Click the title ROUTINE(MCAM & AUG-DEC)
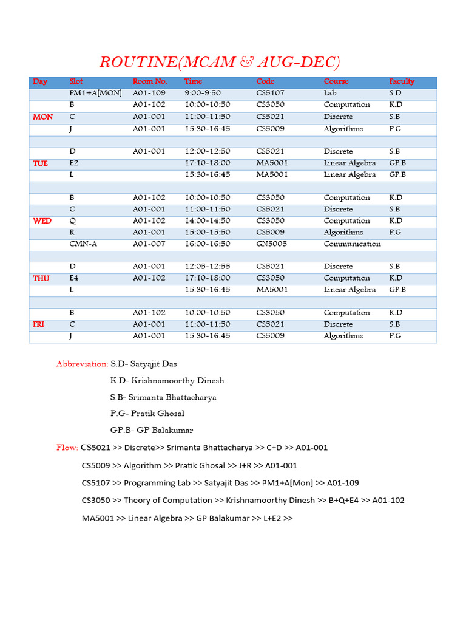point(220,63)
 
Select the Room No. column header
point(149,81)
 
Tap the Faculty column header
point(402,81)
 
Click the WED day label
point(42,221)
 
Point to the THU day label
point(41,278)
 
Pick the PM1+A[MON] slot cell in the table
point(96,93)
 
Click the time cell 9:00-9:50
point(203,93)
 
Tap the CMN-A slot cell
point(83,244)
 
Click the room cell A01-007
point(149,244)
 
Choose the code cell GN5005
point(271,244)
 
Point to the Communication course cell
point(352,244)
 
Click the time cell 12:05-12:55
point(208,267)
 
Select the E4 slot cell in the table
point(74,278)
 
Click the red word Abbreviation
point(82,364)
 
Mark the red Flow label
point(67,448)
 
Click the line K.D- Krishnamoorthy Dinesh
point(167,381)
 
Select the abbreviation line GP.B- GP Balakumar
point(152,431)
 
